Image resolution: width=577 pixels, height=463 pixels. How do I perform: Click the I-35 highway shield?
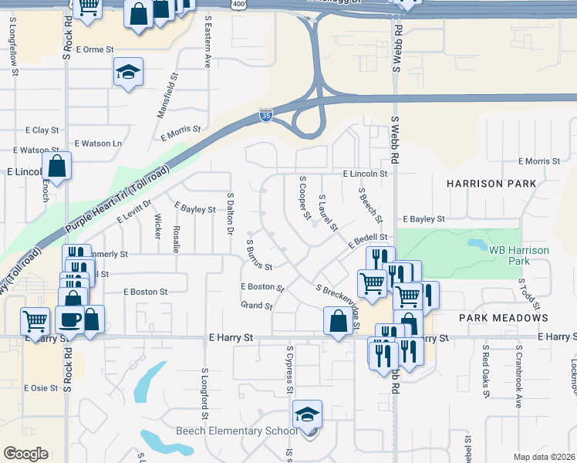point(265,116)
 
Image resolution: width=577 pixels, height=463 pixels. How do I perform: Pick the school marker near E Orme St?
point(129,73)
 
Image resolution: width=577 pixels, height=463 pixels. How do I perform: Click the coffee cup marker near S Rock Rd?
point(69,319)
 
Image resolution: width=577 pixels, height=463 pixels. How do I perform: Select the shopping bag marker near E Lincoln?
point(56,165)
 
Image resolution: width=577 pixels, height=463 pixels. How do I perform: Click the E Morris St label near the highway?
point(181,132)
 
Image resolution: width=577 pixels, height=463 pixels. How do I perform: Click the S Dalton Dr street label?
point(229,214)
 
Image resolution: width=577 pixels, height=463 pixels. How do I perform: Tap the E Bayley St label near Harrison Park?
point(423,219)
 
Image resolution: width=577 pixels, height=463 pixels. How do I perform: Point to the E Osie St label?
point(41,388)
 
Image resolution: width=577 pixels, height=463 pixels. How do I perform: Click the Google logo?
point(25,454)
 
